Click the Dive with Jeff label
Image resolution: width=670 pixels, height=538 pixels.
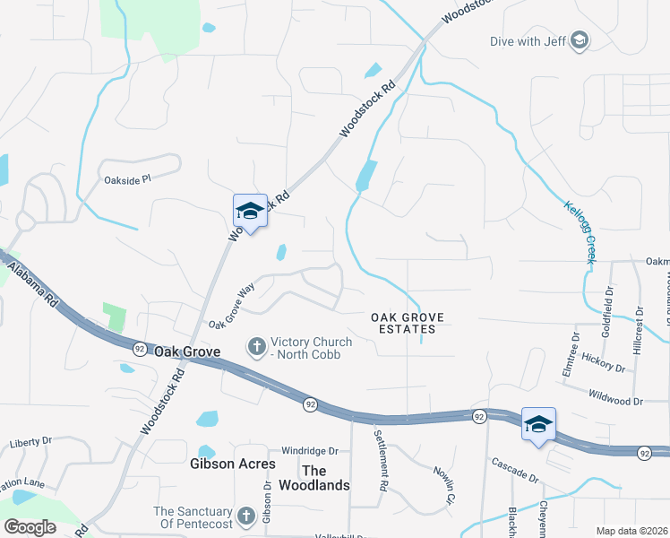click(528, 40)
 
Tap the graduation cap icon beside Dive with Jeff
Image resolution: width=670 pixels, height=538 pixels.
click(579, 40)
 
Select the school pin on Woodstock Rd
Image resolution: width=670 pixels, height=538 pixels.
click(250, 212)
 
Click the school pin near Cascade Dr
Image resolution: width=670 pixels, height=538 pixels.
click(538, 425)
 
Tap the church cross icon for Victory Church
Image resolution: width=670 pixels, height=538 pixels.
click(256, 345)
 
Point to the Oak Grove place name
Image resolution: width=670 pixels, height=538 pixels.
click(187, 352)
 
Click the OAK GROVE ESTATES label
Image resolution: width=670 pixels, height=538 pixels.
click(403, 323)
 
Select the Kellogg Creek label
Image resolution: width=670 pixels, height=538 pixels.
click(579, 231)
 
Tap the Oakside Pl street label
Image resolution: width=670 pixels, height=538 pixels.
click(127, 179)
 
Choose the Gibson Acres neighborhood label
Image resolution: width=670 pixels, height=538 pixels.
click(226, 464)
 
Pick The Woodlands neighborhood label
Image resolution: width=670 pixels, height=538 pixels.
click(326, 478)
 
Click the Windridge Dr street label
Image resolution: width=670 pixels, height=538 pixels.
click(309, 451)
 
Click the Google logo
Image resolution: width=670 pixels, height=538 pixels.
click(30, 526)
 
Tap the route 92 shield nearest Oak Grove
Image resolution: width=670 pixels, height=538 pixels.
click(139, 347)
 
